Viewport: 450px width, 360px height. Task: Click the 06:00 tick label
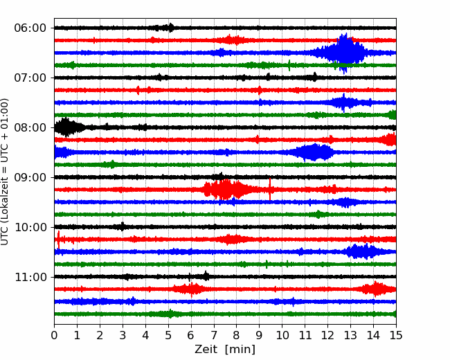tap(30, 28)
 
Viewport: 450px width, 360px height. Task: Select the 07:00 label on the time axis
tap(30, 78)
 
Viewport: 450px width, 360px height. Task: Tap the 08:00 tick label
tap(30, 127)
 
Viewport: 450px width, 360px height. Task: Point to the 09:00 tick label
tap(30, 177)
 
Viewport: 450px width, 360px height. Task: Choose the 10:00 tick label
tap(30, 227)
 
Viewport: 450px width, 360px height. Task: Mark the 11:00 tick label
tap(30, 277)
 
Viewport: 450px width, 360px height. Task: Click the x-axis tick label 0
tap(54, 335)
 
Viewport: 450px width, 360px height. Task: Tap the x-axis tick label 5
tap(168, 335)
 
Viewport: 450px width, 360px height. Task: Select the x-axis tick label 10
tap(282, 335)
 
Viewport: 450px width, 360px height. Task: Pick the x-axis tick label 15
tap(396, 335)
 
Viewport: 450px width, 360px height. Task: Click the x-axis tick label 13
tap(350, 335)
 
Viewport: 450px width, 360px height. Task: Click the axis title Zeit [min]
tap(225, 350)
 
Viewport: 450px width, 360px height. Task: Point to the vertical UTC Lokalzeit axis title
tap(4, 172)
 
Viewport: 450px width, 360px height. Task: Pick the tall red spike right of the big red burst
tap(270, 189)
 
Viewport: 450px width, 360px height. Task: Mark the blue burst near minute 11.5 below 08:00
tap(314, 152)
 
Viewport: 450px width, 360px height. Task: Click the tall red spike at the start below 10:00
tap(59, 239)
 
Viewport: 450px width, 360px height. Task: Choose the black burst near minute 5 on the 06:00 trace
tap(165, 28)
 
